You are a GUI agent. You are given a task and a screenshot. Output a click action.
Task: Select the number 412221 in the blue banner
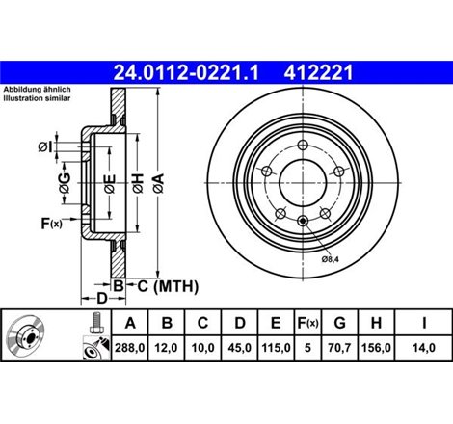322,70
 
